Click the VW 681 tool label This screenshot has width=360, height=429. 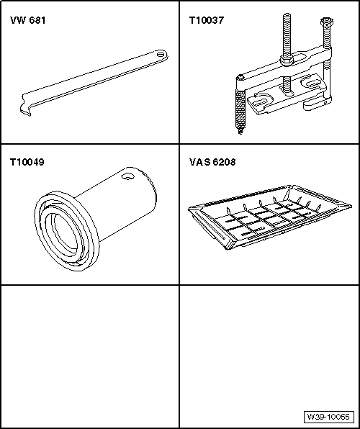point(27,21)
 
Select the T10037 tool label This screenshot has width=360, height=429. point(207,21)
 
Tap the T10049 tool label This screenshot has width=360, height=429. point(27,162)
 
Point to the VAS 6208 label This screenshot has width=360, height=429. point(212,162)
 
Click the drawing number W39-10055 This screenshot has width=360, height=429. point(328,417)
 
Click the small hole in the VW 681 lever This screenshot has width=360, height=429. point(160,54)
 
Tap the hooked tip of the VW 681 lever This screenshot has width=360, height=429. point(25,111)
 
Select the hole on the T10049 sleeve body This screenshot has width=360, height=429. point(128,176)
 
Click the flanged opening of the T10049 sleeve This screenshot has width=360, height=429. point(66,231)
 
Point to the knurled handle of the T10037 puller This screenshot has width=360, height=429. point(240,108)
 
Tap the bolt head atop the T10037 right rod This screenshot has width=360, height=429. point(326,22)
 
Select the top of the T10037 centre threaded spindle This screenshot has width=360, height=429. point(287,14)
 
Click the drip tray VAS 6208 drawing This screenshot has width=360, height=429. point(270,217)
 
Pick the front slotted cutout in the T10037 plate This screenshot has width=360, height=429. point(261,100)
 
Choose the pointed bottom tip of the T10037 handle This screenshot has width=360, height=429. point(240,132)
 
